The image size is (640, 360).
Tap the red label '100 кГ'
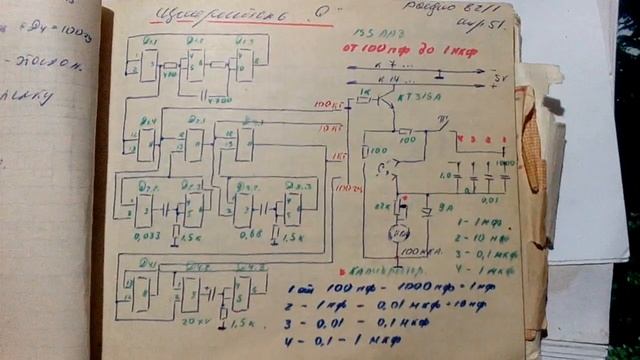click(325, 104)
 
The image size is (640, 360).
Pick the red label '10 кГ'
click(327, 129)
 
